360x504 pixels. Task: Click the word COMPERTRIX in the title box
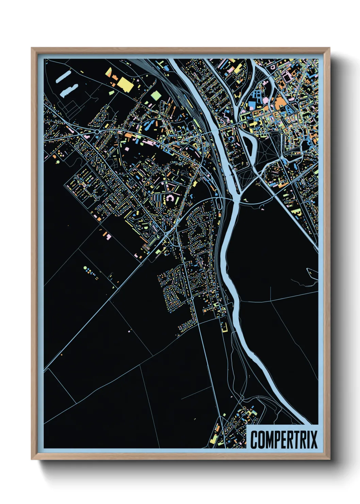[284, 439]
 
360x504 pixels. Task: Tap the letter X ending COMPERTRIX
[313, 439]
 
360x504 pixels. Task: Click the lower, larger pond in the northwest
[69, 90]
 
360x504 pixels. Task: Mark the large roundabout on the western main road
[97, 131]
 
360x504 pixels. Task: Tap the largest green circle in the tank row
[85, 268]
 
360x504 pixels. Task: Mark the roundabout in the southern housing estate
[192, 298]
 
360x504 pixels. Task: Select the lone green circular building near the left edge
[58, 162]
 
